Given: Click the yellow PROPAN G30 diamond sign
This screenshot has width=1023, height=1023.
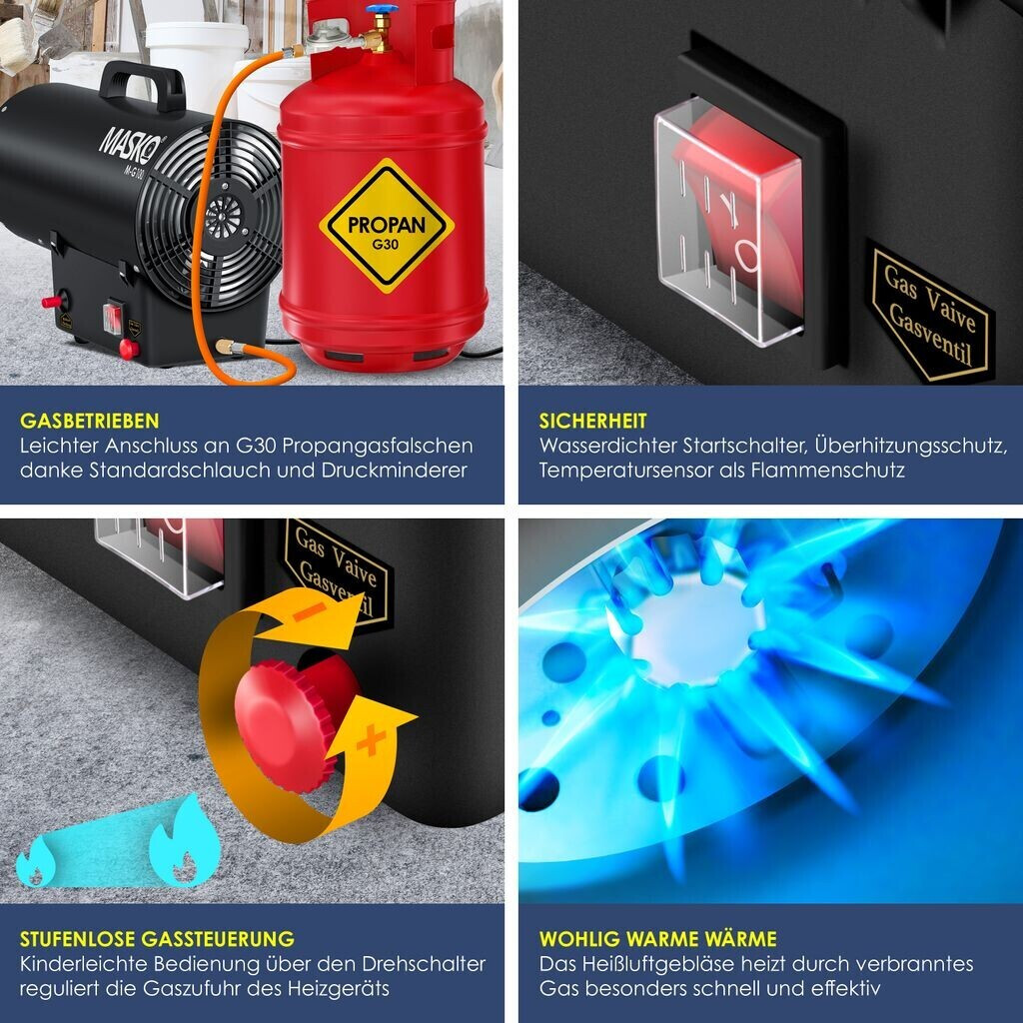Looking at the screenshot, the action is tap(387, 225).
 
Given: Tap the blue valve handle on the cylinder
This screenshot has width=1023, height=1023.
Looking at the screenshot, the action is tap(381, 9).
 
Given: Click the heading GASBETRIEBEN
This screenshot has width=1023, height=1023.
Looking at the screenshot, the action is tap(89, 421).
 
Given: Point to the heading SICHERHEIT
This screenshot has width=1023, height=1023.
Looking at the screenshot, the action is tap(593, 421).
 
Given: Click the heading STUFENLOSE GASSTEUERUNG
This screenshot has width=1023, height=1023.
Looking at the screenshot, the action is tap(157, 939).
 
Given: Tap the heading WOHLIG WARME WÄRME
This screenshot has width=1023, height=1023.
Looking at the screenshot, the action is tap(657, 939).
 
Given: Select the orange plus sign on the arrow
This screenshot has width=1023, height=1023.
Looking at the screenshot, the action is tap(371, 740).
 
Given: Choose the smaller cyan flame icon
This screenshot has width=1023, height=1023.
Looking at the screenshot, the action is tap(36, 861).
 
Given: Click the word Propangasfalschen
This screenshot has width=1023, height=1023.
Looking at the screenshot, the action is tap(378, 447).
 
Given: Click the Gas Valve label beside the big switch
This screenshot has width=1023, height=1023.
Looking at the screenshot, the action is tap(929, 313).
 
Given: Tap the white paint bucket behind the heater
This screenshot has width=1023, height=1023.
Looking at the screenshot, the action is tap(196, 65).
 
